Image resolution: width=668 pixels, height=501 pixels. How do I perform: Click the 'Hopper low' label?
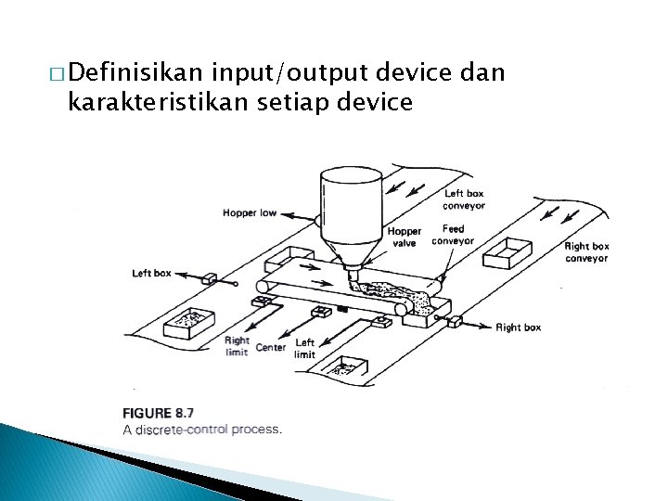(249, 213)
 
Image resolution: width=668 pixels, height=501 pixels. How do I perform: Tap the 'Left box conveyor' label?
(463, 199)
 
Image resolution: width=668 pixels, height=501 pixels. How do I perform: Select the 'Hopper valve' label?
(404, 237)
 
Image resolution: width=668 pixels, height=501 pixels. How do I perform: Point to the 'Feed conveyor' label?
(453, 235)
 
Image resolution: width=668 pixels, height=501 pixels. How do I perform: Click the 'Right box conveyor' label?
(586, 252)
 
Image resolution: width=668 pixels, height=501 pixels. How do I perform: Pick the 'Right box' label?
(518, 328)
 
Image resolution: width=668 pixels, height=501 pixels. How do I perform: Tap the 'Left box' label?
(151, 273)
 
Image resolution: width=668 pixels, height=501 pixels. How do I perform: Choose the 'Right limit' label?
(237, 346)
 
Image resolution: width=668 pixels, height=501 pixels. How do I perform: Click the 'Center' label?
(271, 348)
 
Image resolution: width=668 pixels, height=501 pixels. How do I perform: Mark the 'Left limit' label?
(304, 348)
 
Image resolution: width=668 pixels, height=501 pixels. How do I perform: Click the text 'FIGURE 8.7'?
(158, 413)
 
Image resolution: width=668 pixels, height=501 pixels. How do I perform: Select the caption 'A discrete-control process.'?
(201, 429)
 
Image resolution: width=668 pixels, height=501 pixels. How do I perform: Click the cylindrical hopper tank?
(351, 209)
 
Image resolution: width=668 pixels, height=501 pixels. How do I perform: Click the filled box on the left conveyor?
(189, 322)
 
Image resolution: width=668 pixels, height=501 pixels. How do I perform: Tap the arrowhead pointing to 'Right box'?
(488, 327)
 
